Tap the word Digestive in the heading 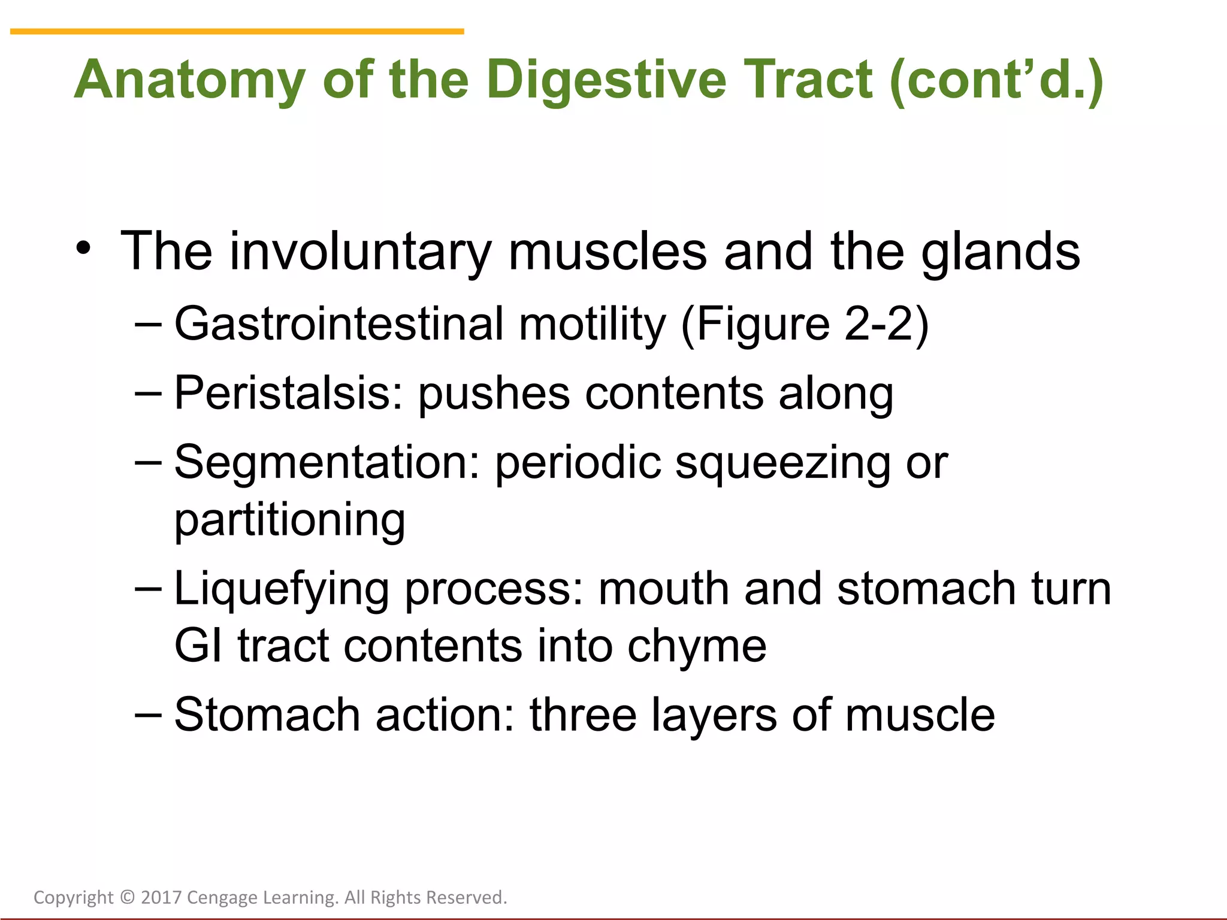pyautogui.click(x=606, y=80)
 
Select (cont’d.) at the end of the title pyautogui.click(x=996, y=80)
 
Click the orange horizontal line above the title pyautogui.click(x=237, y=31)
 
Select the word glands pyautogui.click(x=1000, y=252)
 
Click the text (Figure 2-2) pyautogui.click(x=805, y=324)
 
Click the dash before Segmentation pyautogui.click(x=148, y=462)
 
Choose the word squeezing pyautogui.click(x=782, y=464)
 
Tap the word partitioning pyautogui.click(x=289, y=520)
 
